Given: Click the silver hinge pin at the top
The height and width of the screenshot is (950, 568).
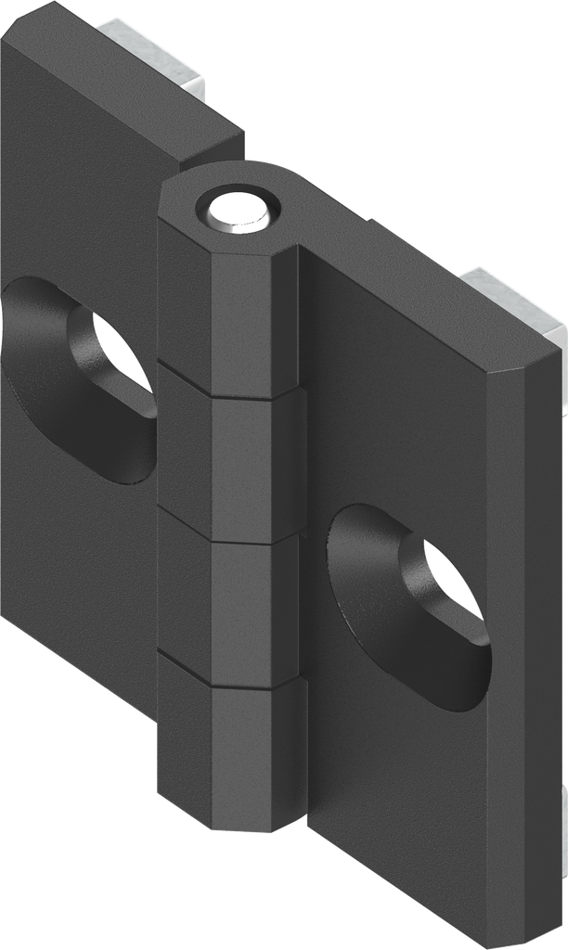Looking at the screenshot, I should pyautogui.click(x=239, y=212).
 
